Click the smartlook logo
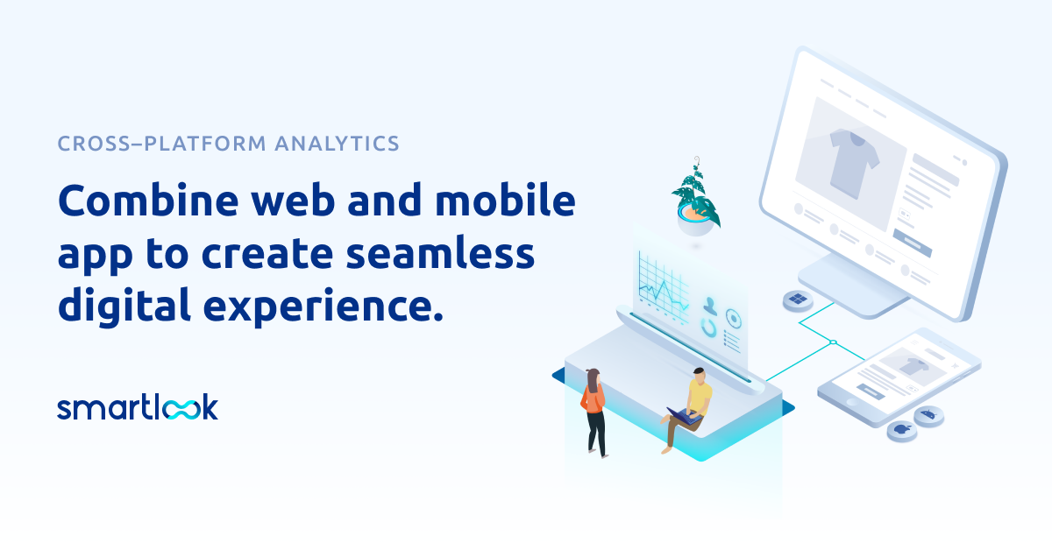pyautogui.click(x=138, y=407)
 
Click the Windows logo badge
pyautogui.click(x=798, y=300)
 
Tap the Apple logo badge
pyautogui.click(x=900, y=429)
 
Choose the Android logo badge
pyautogui.click(x=928, y=414)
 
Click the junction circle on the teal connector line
pyautogui.click(x=834, y=342)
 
